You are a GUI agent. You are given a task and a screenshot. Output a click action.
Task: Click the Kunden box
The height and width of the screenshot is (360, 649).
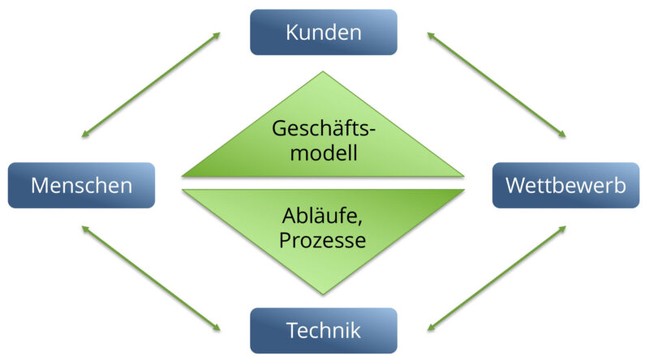[x=323, y=32]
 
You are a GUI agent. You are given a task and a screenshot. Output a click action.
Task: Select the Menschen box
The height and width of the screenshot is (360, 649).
[x=81, y=185]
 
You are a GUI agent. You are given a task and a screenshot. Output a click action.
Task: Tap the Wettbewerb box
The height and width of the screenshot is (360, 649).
[x=565, y=185]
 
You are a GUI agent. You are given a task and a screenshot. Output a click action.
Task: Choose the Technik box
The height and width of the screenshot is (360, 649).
[x=323, y=330]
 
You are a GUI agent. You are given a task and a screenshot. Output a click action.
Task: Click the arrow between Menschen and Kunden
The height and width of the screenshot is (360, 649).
[x=151, y=84]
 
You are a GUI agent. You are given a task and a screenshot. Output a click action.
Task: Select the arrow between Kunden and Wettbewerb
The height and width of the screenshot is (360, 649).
[x=496, y=84]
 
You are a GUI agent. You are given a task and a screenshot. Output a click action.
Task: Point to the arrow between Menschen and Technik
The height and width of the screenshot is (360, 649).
[x=151, y=278]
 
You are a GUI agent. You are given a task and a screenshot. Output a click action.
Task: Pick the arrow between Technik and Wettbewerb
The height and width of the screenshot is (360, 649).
[x=496, y=278]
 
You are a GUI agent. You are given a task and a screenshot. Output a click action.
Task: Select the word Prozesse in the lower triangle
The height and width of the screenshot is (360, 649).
[x=323, y=240]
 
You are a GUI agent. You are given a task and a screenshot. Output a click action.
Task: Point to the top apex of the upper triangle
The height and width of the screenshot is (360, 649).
[x=323, y=72]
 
